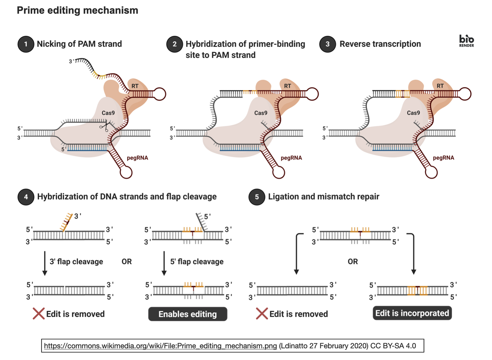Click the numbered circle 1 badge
pos(26,44)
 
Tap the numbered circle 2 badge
pos(175,44)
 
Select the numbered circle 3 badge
pos(327,44)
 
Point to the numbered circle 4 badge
pos(26,197)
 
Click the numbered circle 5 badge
pos(257,197)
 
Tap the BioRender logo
pos(467,41)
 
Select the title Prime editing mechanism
pos(77,11)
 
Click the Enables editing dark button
pos(188,314)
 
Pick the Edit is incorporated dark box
pos(412,313)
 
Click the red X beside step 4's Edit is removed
pos(38,313)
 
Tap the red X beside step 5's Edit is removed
pos(262,313)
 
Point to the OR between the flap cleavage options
pos(126,262)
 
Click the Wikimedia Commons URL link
pos(160,345)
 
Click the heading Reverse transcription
pos(380,44)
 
